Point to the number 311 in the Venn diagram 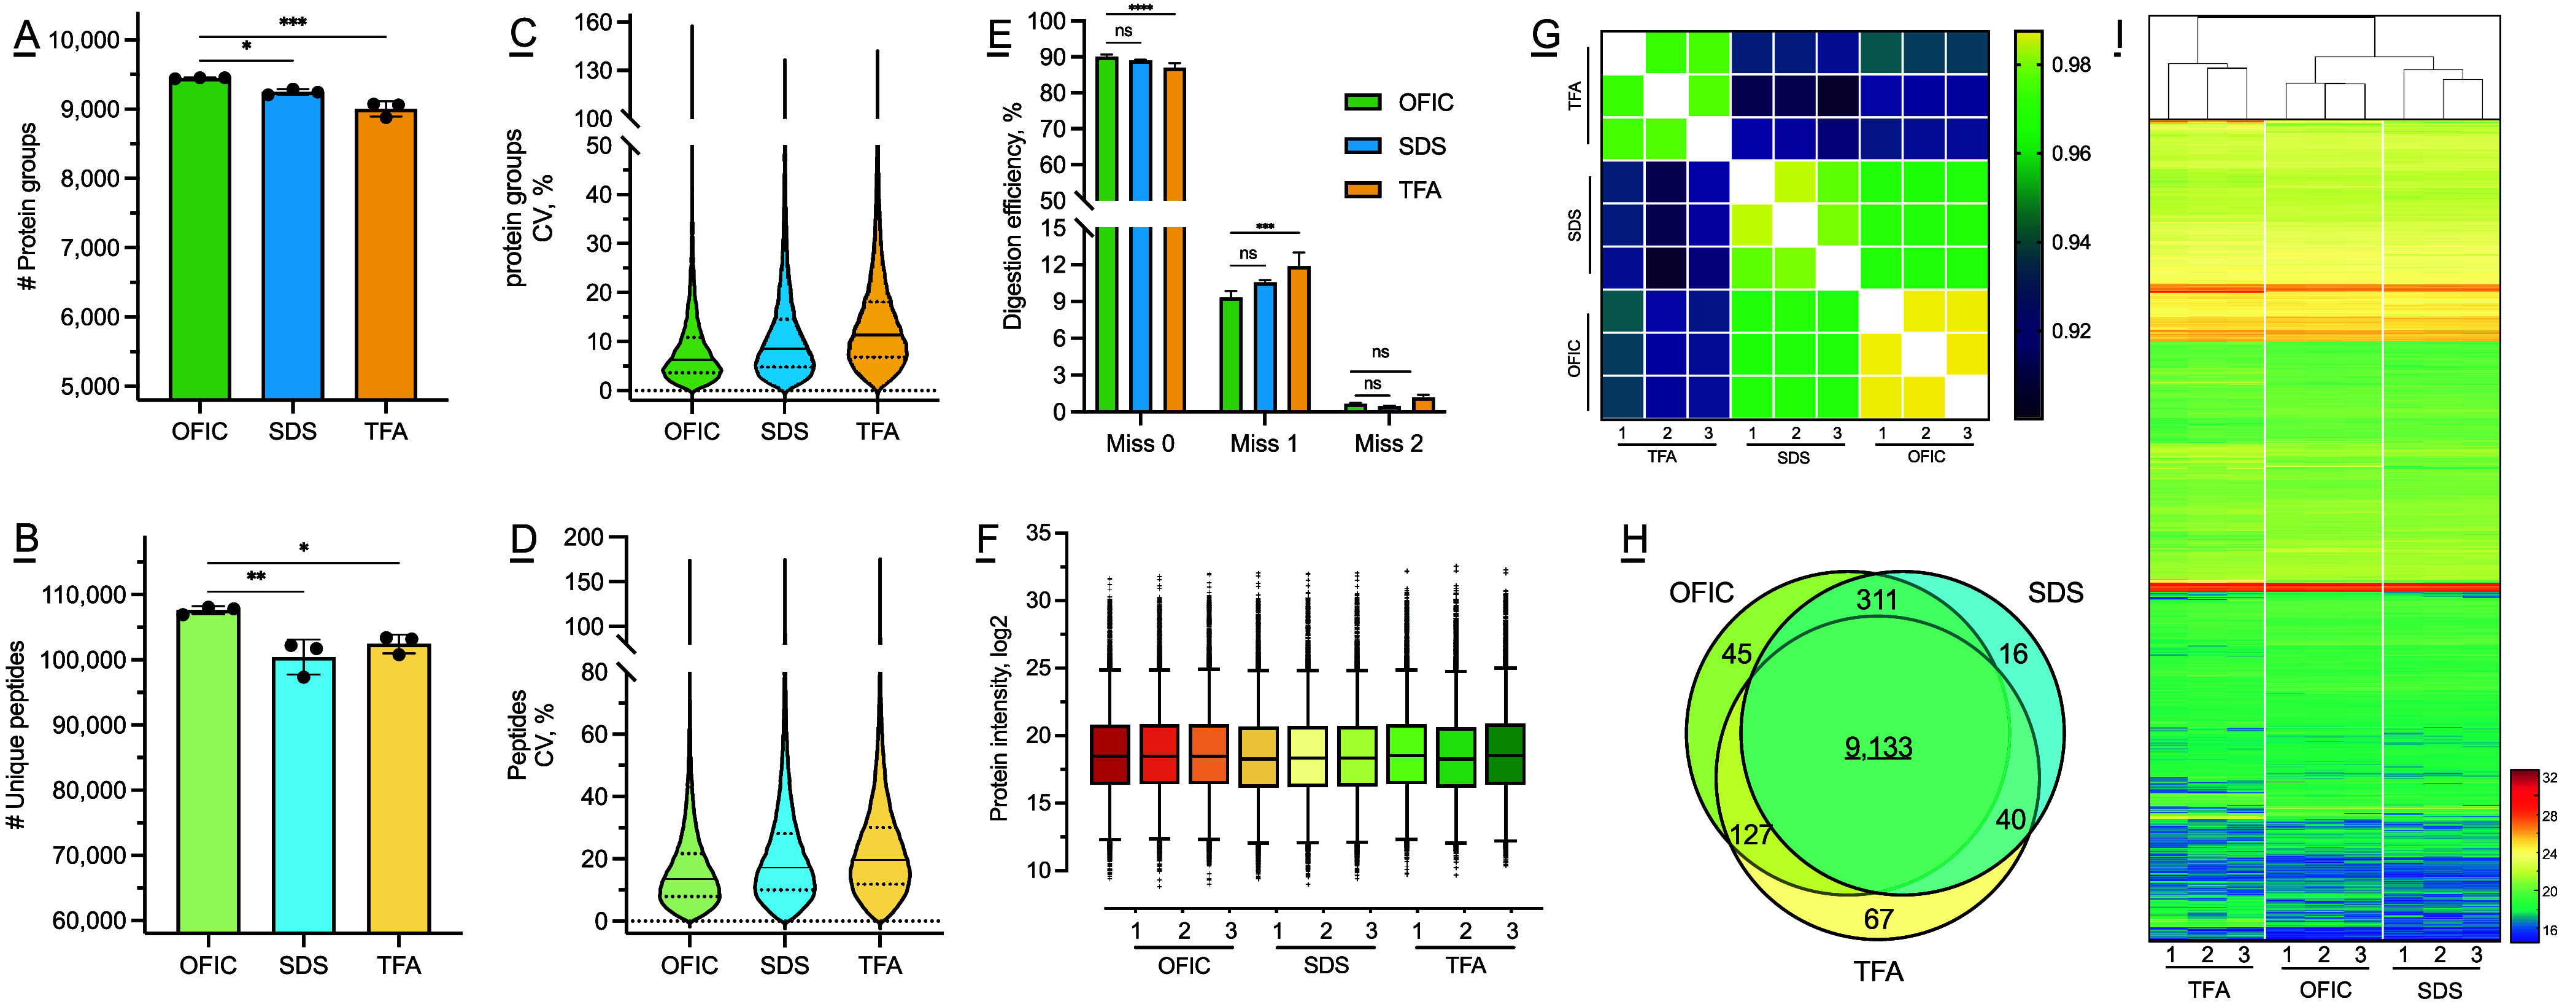(x=1877, y=600)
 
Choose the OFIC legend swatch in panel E (x=1362, y=103)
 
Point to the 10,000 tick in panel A (x=85, y=40)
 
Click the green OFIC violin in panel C (x=691, y=358)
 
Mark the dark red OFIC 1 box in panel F (x=1110, y=754)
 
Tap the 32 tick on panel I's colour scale (x=2549, y=778)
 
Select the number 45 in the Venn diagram (x=1737, y=654)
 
